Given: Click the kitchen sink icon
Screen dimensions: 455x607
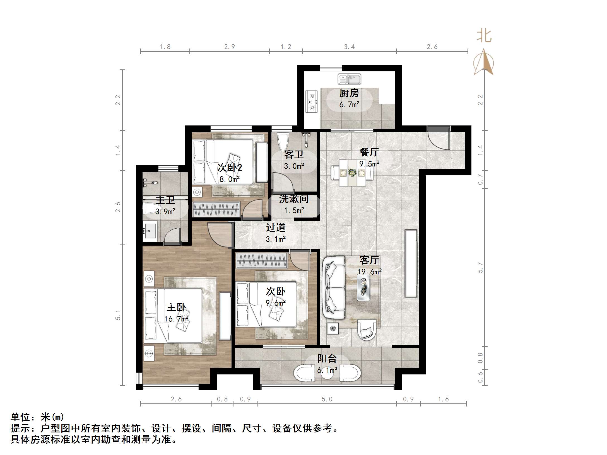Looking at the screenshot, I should tap(349, 79).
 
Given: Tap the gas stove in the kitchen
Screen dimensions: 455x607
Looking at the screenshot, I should tap(312, 101).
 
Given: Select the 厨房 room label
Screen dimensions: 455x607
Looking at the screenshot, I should tap(349, 93).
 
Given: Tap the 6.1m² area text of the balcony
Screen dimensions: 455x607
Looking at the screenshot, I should tap(327, 370).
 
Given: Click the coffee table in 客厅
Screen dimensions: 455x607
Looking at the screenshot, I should tap(364, 287).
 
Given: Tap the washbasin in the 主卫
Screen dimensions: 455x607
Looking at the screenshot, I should tap(150, 231).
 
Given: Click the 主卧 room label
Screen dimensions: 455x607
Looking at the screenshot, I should tap(176, 308).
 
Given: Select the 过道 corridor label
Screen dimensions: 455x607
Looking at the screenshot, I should tap(275, 228).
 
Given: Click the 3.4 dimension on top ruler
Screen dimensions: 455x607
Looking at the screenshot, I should tap(349, 47).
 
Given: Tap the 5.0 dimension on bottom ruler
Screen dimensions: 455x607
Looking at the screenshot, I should tap(327, 399).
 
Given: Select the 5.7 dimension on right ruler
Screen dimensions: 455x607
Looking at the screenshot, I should tap(480, 268).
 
